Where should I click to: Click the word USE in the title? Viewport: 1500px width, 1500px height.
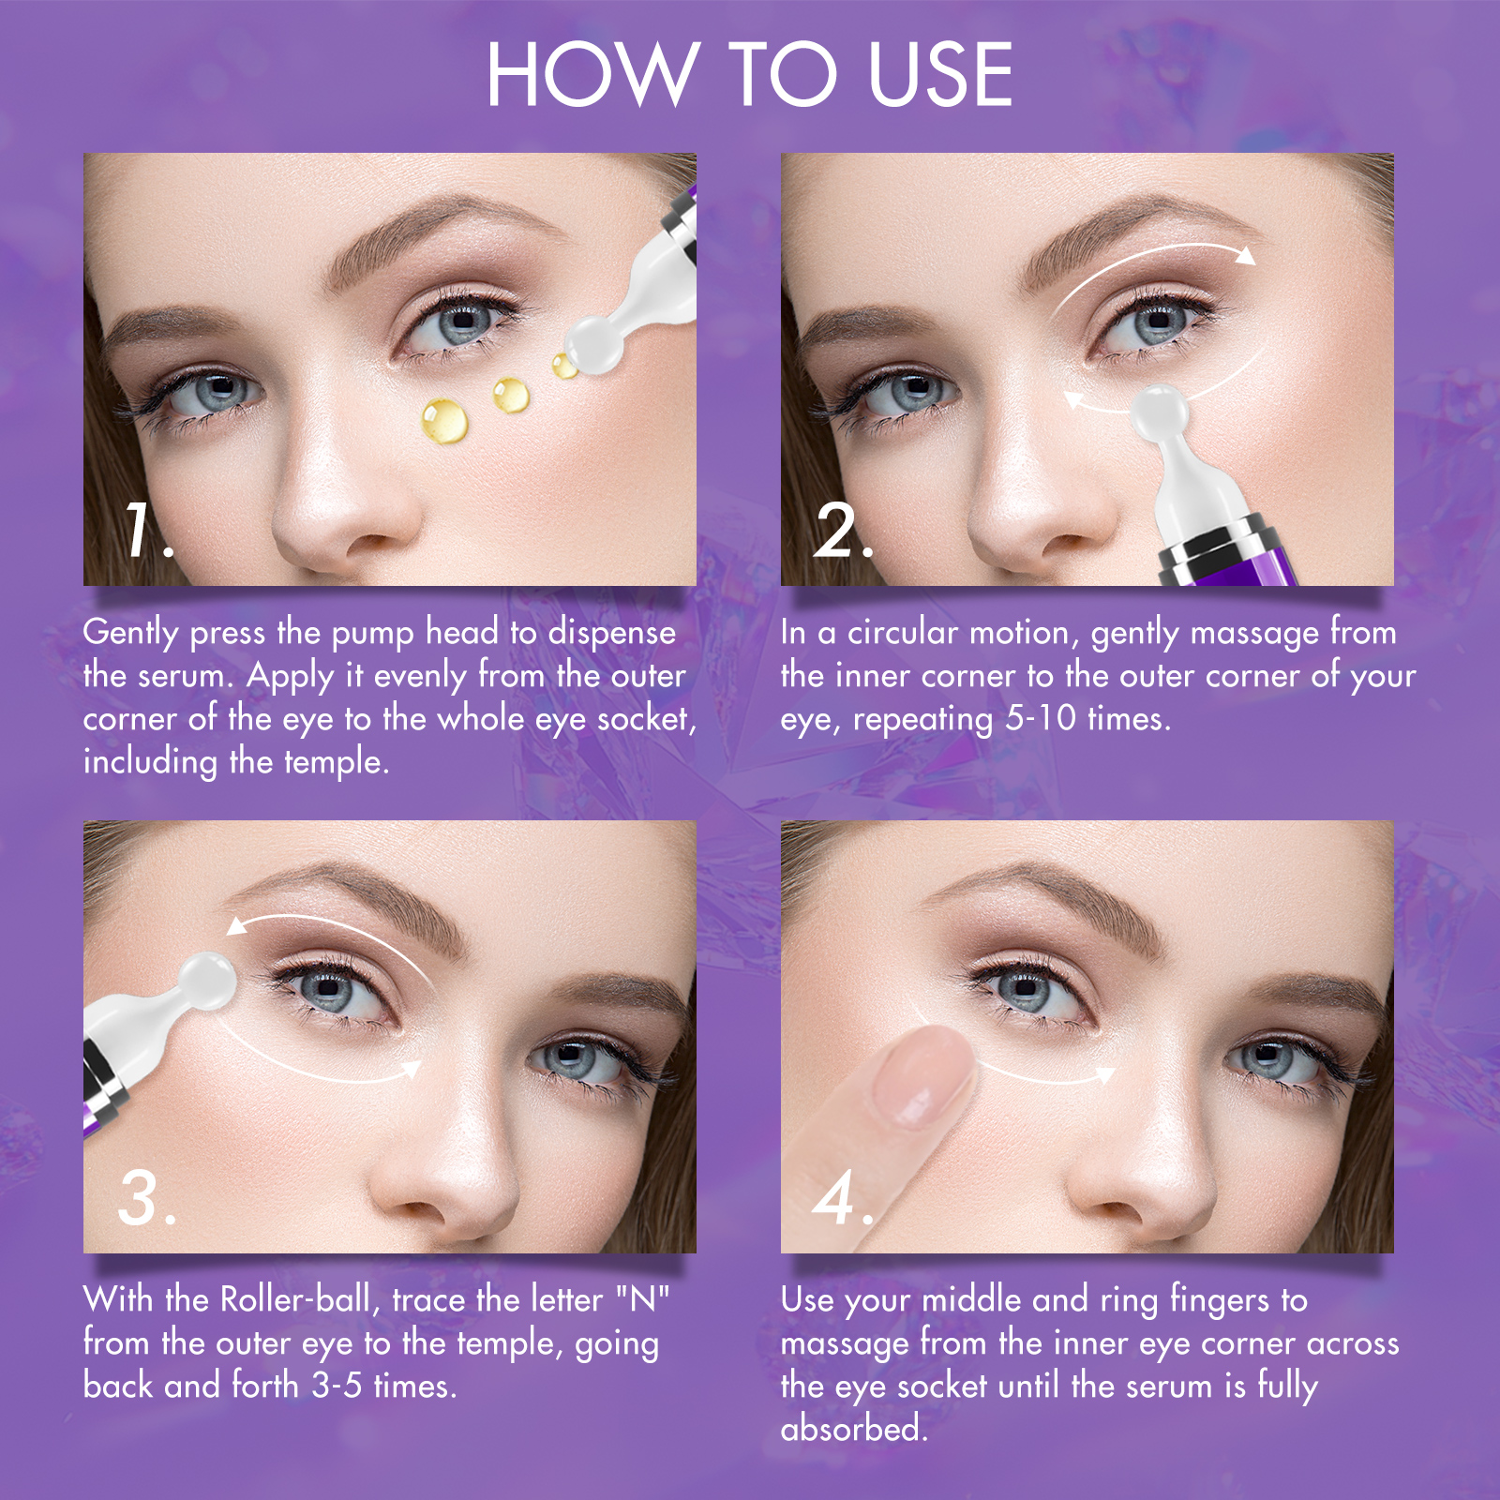(940, 75)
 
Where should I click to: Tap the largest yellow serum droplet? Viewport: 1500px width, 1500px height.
(444, 420)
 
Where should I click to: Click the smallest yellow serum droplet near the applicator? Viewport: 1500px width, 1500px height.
(564, 366)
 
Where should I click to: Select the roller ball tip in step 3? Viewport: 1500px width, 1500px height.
(207, 981)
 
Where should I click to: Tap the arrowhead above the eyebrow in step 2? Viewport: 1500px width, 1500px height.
(1245, 256)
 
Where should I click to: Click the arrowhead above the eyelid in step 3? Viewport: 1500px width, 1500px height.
(237, 926)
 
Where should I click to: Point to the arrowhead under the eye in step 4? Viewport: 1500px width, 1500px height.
(1105, 1075)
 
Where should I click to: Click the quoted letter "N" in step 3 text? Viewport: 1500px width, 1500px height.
(643, 1300)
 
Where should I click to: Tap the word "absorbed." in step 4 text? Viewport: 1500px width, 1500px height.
(854, 1429)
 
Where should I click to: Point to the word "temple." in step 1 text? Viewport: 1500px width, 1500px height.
(336, 761)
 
